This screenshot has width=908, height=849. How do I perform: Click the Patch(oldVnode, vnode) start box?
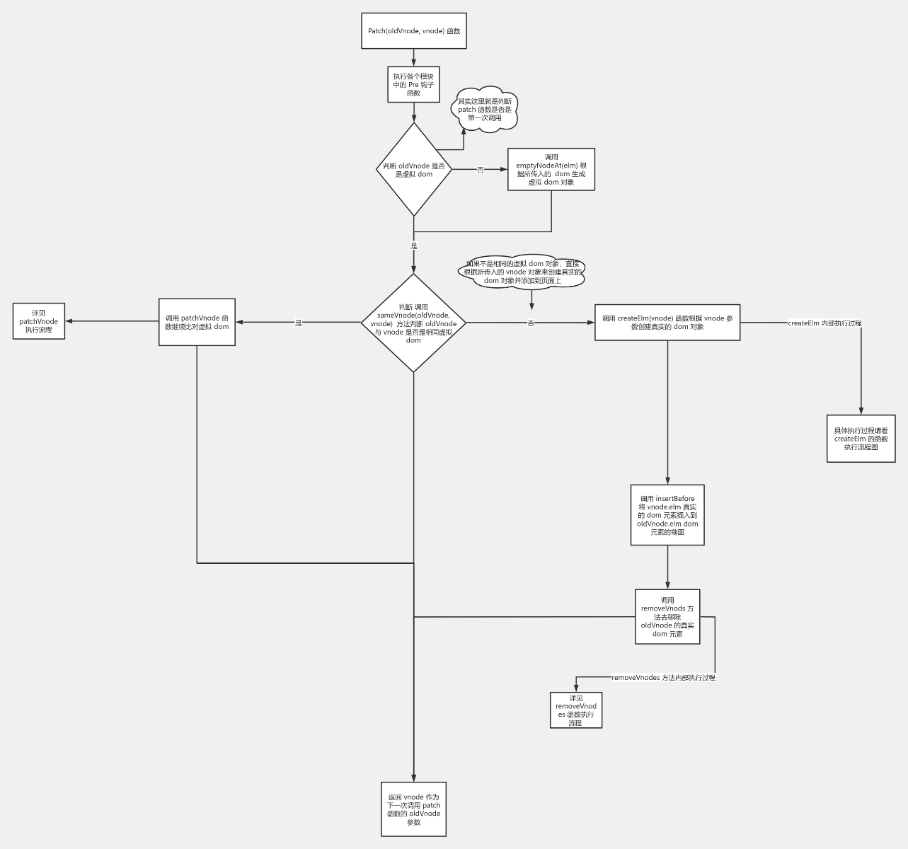coord(414,31)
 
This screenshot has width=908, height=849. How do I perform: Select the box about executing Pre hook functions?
coord(414,85)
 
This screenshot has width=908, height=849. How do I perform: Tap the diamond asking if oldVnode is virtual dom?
coord(414,169)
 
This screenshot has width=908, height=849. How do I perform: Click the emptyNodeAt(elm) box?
coord(551,169)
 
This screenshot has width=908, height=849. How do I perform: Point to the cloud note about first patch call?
coord(485,110)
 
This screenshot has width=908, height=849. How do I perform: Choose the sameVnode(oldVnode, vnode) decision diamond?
coord(414,323)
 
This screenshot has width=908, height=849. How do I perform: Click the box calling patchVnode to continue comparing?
coord(197,323)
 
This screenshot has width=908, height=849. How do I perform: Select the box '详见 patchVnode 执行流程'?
coord(39,321)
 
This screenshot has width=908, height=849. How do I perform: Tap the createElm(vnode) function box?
coord(667,323)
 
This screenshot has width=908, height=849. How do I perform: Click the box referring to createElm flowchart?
coord(861,439)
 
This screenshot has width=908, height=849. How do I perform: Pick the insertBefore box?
coord(667,515)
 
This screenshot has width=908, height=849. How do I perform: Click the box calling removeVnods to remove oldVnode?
coord(667,617)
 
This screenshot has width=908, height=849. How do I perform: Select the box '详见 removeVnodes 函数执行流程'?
coord(576,710)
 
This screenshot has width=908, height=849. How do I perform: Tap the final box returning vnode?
coord(414,809)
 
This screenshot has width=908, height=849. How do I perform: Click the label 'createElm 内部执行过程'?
coord(824,323)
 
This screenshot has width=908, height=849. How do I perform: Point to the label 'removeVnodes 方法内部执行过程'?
coord(663,678)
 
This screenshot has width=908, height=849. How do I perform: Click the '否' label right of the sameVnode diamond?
coord(531,323)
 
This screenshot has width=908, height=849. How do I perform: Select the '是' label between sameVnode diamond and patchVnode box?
coord(299,323)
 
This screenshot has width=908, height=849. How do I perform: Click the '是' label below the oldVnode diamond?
coord(414,246)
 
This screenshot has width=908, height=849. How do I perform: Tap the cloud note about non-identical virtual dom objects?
coord(523,272)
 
